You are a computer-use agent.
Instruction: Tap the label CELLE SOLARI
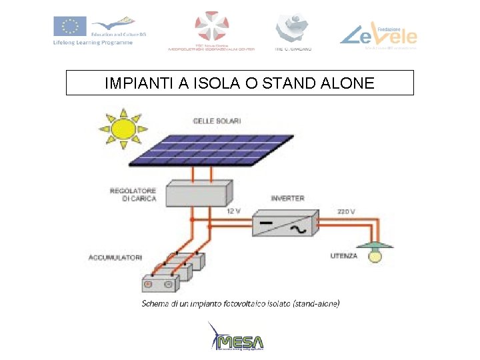pyautogui.click(x=217, y=121)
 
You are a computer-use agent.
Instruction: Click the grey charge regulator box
pyautogui.click(x=199, y=192)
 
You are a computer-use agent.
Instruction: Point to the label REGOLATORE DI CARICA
pyautogui.click(x=133, y=194)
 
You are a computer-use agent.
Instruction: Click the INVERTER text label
pyautogui.click(x=287, y=198)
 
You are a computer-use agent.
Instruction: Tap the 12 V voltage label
pyautogui.click(x=233, y=211)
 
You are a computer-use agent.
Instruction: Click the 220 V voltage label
pyautogui.click(x=346, y=211)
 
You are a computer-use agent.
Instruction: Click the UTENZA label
pyautogui.click(x=343, y=255)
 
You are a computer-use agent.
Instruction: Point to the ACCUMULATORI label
pyautogui.click(x=115, y=256)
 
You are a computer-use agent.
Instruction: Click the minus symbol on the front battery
pyautogui.click(x=168, y=284)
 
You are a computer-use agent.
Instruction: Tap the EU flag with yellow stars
pyautogui.click(x=69, y=27)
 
